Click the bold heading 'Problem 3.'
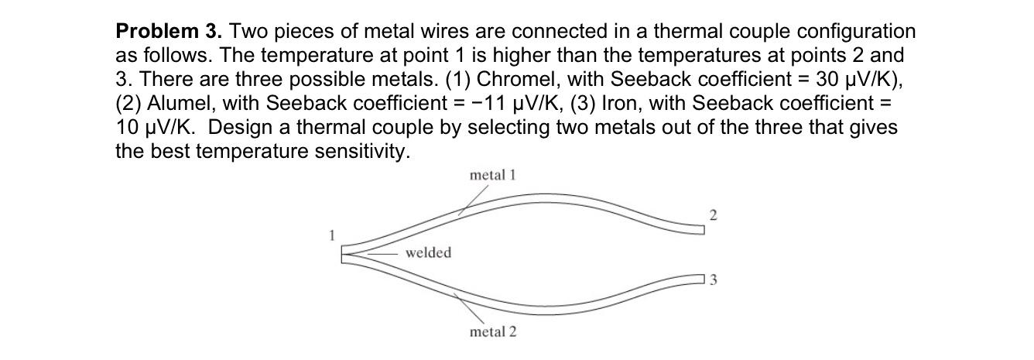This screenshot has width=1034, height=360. [x=169, y=32]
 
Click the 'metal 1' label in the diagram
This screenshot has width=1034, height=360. [x=492, y=175]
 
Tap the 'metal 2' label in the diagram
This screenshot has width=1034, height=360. [x=493, y=331]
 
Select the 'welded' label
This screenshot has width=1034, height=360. [x=428, y=253]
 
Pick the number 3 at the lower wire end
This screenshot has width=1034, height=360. [x=714, y=280]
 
